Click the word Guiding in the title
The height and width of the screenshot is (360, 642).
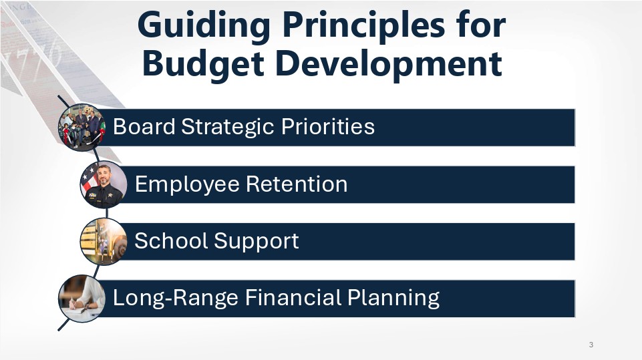coord(204,26)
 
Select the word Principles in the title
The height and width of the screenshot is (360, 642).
coord(363,26)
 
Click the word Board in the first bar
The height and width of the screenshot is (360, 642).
coord(144,126)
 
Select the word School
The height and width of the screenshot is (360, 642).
coord(171,240)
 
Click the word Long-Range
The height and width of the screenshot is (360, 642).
coord(175,298)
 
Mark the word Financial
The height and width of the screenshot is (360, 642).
coord(293,297)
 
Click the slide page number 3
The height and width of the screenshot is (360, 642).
coord(591,345)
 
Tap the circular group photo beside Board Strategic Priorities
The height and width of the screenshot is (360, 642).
coord(82,128)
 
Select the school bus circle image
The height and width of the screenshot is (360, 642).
coord(104,242)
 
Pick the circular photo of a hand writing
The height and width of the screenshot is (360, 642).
coord(82,299)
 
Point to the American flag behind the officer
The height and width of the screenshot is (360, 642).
coord(90,180)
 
